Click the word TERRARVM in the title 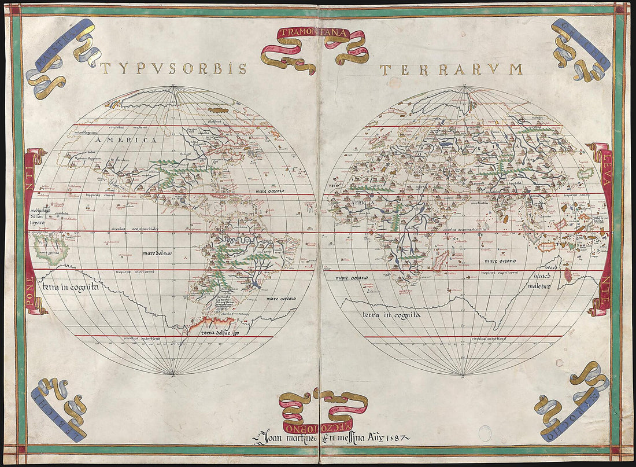coord(451,69)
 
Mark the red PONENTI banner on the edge coord(29,231)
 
